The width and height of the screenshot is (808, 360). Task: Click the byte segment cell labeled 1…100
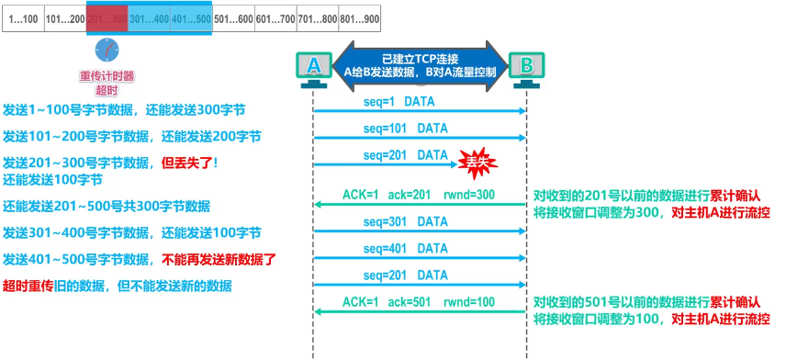coord(23,17)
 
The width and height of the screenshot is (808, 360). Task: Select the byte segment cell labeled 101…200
coord(65,17)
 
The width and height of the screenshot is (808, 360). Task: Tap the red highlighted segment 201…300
coord(107,17)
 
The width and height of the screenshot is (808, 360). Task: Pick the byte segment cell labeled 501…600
coord(232,17)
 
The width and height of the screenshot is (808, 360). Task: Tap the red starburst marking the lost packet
coord(475,163)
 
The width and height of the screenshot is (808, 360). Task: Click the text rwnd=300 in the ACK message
coord(472,195)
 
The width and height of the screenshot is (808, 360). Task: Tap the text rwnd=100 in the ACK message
coord(472,301)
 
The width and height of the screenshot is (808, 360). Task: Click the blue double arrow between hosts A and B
coord(421,63)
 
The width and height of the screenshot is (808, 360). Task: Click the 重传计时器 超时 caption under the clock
coord(107,84)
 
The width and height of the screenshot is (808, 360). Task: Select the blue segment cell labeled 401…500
coord(191,17)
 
